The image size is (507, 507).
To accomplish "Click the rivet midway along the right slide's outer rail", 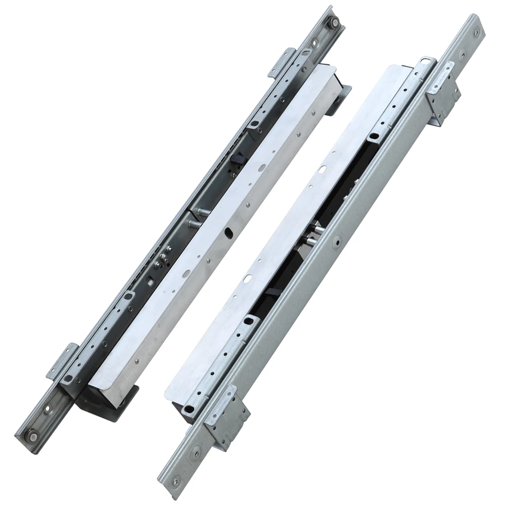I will pyautogui.click(x=336, y=243).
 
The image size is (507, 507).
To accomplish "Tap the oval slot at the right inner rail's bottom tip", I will pyautogui.click(x=190, y=409).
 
